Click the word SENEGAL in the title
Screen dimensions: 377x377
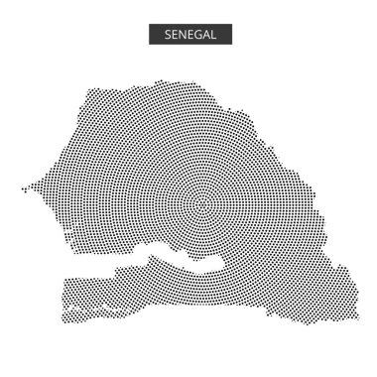point(188,33)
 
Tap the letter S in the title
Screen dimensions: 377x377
point(166,33)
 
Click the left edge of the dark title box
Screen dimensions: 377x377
point(150,33)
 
